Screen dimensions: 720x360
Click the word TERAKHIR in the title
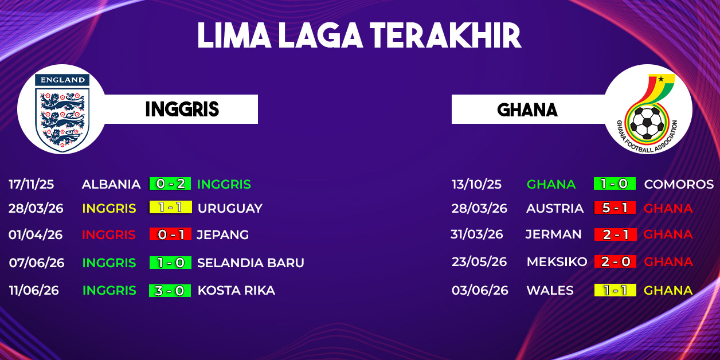(445, 36)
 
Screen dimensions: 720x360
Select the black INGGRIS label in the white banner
(182, 109)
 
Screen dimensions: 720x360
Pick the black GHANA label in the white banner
(527, 110)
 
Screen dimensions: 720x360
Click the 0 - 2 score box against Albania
(170, 183)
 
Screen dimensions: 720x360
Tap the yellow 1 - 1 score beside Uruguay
(171, 208)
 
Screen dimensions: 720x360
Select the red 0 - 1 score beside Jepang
(170, 234)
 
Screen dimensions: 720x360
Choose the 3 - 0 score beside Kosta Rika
(170, 291)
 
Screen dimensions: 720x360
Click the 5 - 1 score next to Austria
(615, 208)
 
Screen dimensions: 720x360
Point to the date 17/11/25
(31, 184)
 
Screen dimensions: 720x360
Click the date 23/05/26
(479, 261)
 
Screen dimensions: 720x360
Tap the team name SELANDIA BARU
(251, 263)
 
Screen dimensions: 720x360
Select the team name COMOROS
(679, 184)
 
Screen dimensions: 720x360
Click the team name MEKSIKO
(557, 261)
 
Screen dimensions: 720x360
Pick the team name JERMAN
(553, 234)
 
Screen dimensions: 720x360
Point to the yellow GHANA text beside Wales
(668, 291)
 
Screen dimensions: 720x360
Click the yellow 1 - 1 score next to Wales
(615, 290)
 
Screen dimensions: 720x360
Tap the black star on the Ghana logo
(661, 79)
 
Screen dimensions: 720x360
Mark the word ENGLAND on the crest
(62, 80)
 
